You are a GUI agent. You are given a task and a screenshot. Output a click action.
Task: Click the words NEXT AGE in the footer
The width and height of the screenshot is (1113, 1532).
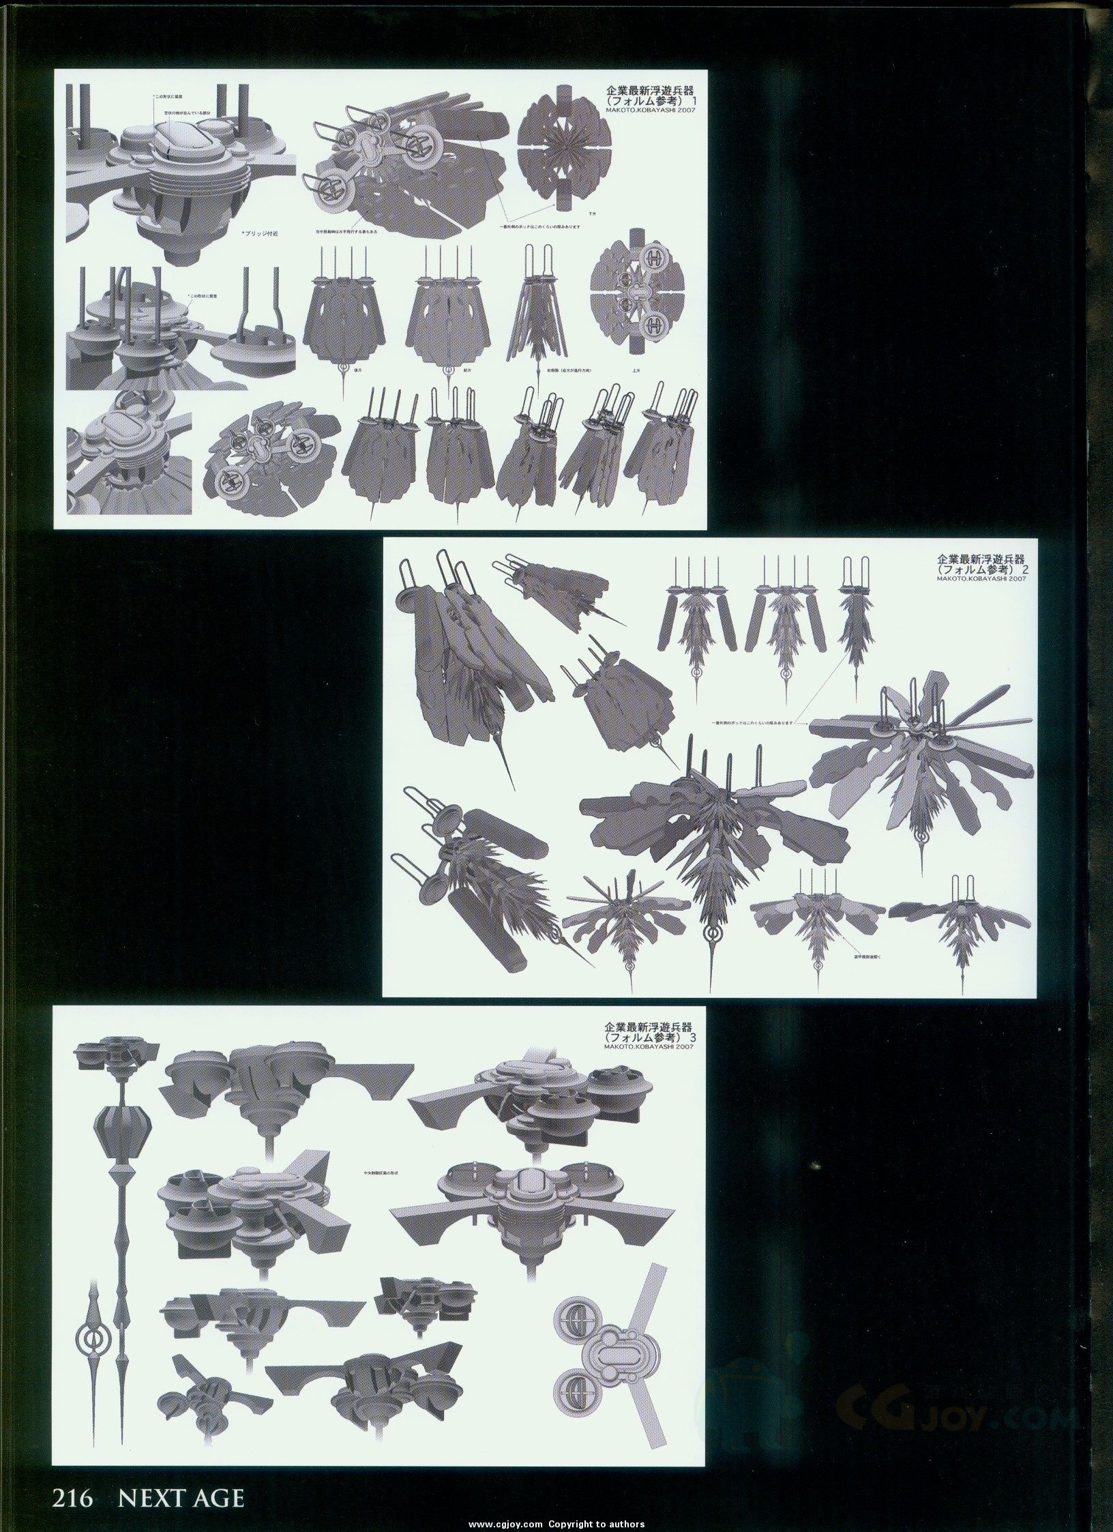click(181, 1497)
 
